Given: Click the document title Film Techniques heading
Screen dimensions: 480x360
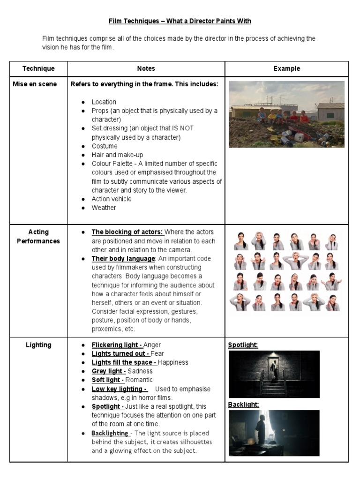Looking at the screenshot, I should tap(180, 21).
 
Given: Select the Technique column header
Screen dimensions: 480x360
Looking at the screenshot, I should tap(38, 68).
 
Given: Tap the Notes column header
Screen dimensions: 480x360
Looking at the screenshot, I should tap(146, 68).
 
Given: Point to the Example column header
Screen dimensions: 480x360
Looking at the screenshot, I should tap(286, 68).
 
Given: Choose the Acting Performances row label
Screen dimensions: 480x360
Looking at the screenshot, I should tap(38, 237).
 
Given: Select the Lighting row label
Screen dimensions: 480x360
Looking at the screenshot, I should tap(38, 345).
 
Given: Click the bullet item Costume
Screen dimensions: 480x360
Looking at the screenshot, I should tap(105, 146).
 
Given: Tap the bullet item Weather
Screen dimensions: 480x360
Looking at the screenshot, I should tap(104, 208).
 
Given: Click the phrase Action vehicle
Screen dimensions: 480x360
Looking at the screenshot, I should tap(112, 199).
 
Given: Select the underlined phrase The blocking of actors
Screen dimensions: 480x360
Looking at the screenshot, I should tap(127, 232).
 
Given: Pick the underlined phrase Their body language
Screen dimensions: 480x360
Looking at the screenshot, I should tap(123, 259).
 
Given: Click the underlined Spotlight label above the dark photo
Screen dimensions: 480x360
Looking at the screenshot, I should tap(243, 345).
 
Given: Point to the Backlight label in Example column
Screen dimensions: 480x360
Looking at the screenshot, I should tap(243, 405).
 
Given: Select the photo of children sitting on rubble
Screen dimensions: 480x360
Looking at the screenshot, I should tap(286, 114).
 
